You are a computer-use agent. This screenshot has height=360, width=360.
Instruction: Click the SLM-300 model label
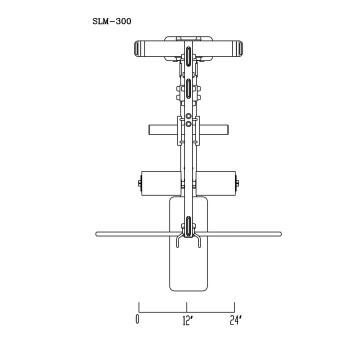tap(112, 21)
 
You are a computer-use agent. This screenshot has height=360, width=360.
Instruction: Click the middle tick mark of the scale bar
tap(187, 306)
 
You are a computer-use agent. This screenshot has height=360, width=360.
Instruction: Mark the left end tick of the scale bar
tap(139, 306)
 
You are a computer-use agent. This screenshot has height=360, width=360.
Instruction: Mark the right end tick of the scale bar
tap(235, 306)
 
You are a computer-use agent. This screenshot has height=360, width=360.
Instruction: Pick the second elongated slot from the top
tap(187, 89)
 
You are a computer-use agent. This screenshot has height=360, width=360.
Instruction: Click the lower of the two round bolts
tap(188, 124)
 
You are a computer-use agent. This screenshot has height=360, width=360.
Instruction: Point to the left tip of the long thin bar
tap(96, 233)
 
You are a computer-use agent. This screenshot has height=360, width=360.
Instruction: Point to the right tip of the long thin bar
tap(280, 233)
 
